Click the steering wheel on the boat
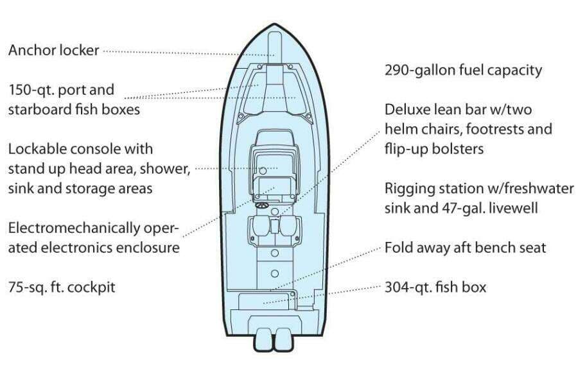coord(262,206)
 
